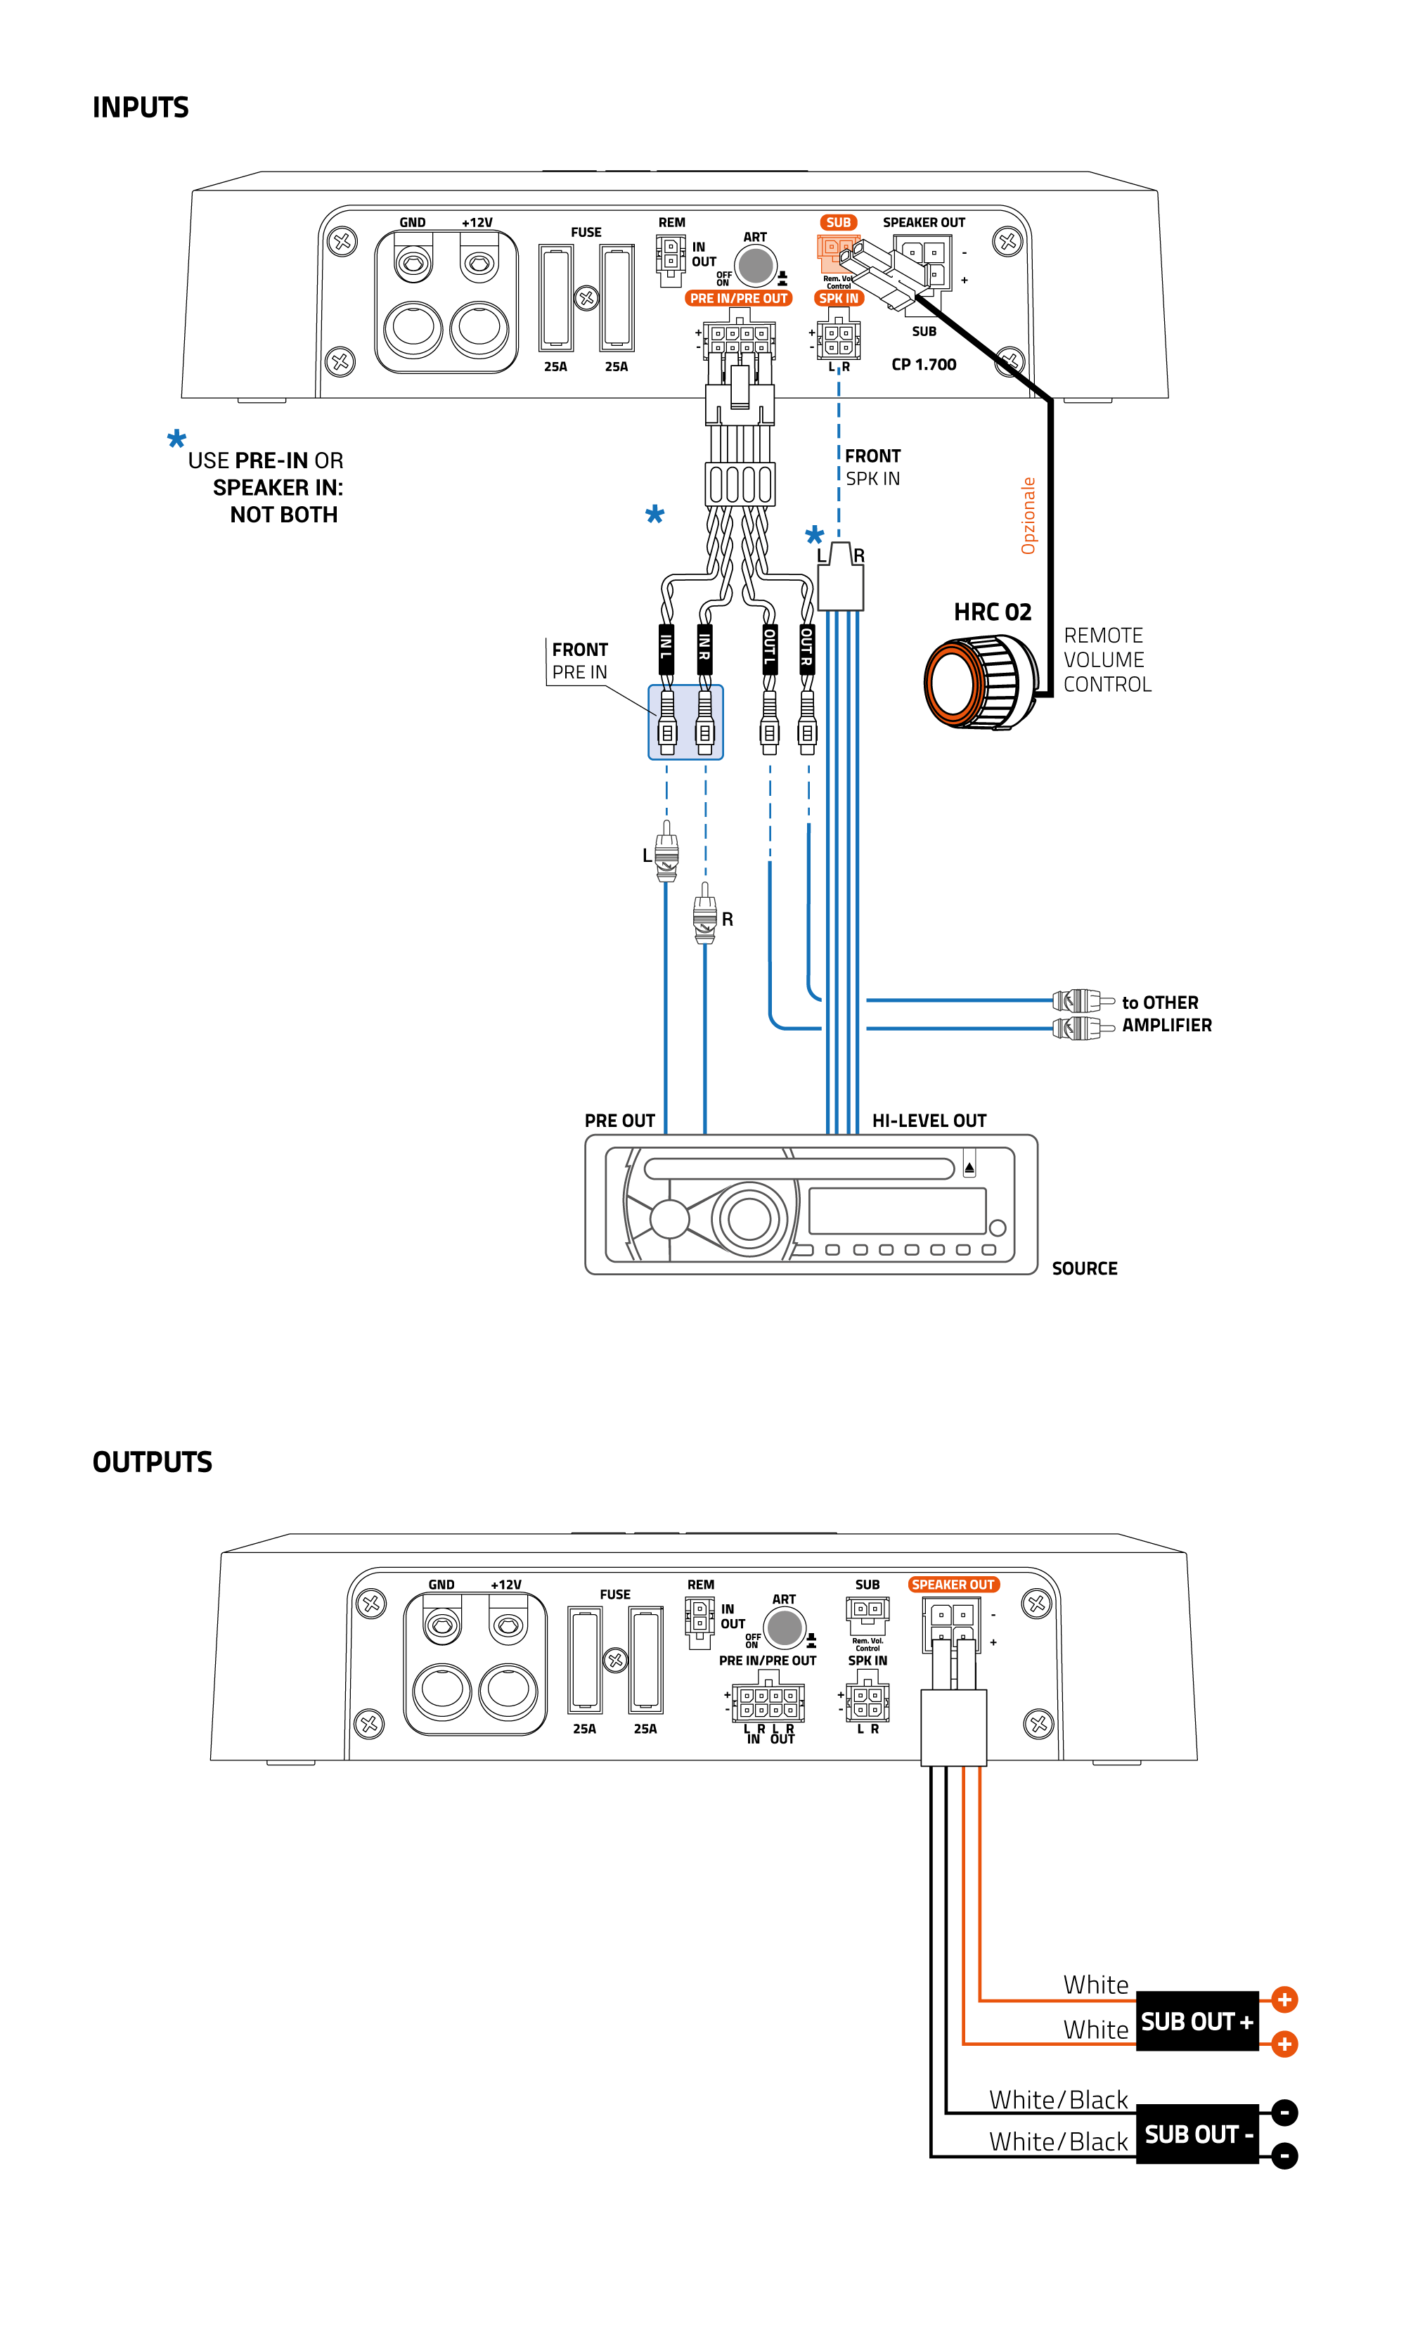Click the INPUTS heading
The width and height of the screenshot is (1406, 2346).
tap(140, 107)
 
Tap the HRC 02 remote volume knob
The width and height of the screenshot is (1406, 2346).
tap(976, 681)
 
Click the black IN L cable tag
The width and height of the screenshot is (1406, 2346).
tap(666, 648)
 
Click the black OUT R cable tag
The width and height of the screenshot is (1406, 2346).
tap(806, 648)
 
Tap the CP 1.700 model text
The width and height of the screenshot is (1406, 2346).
tap(923, 364)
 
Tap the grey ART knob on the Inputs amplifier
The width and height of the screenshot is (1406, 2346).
tap(755, 265)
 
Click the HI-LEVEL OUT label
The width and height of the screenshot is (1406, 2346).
tap(929, 1120)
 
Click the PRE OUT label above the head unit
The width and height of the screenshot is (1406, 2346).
tap(619, 1120)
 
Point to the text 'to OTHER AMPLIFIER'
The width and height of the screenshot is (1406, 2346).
tap(1166, 1013)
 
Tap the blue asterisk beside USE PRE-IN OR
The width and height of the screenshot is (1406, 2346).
tap(176, 439)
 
